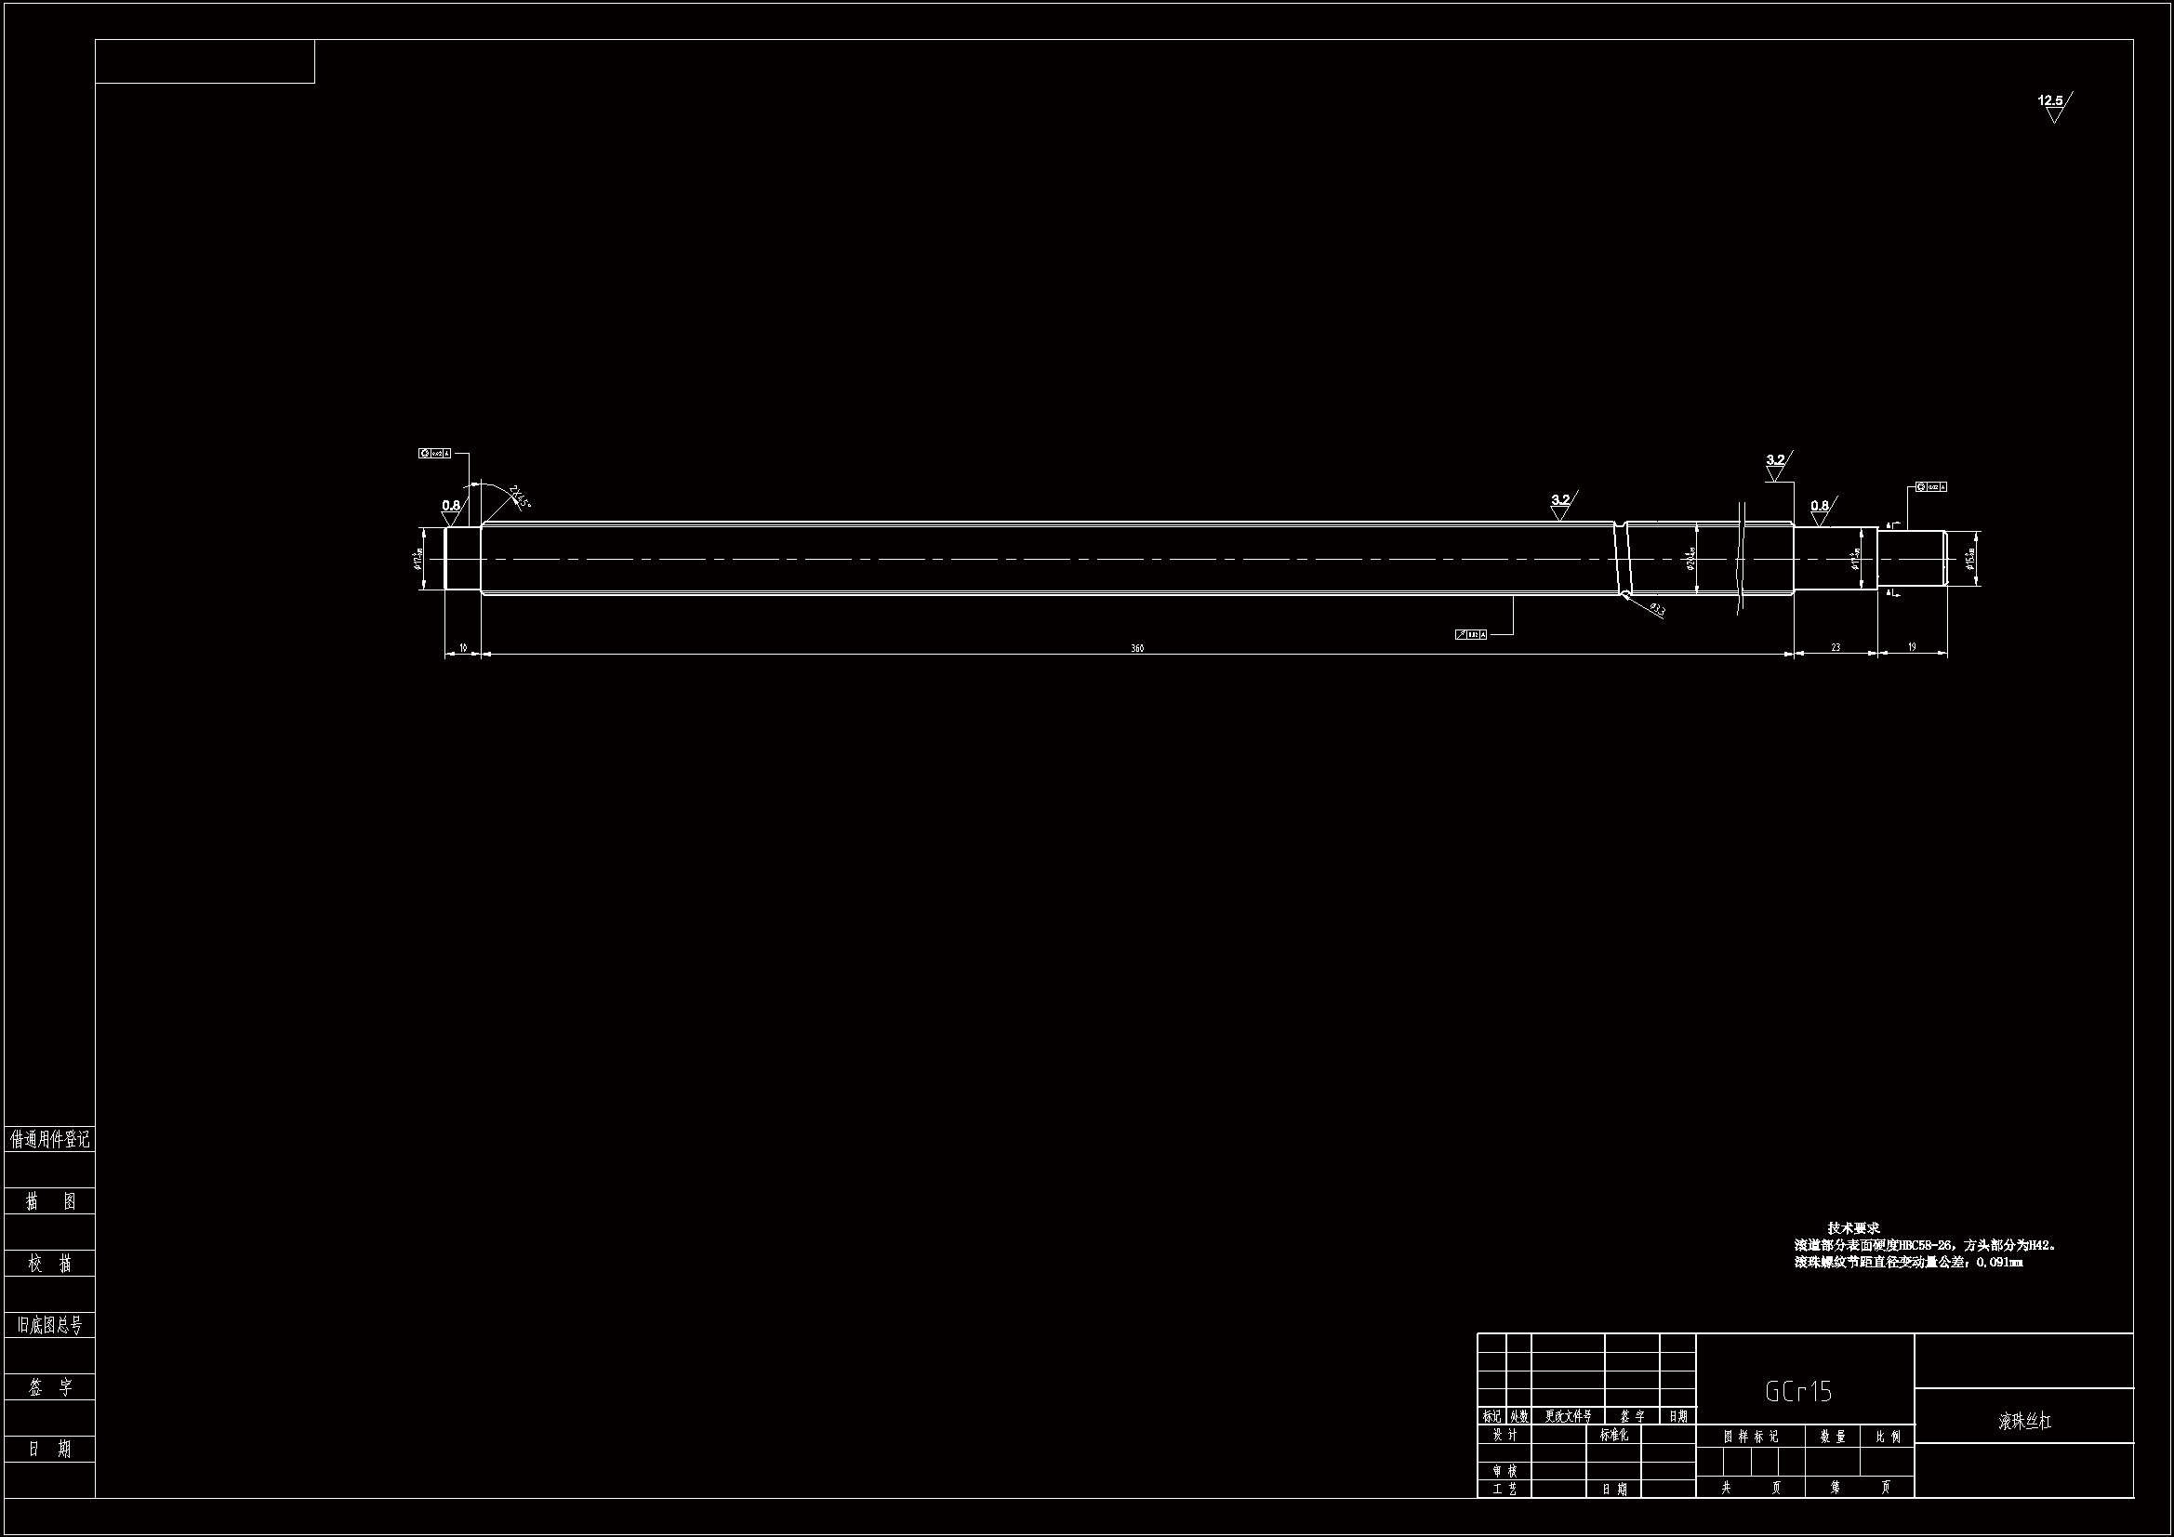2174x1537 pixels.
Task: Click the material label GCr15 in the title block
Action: (x=1798, y=1391)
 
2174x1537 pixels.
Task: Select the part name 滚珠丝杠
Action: (x=2024, y=1422)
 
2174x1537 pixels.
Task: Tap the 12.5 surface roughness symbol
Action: (x=2051, y=101)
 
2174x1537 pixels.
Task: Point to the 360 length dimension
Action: (x=1137, y=649)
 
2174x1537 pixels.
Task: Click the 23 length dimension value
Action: (x=1835, y=648)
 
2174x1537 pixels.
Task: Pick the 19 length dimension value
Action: (x=1912, y=647)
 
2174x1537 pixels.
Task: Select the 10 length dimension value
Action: (x=463, y=648)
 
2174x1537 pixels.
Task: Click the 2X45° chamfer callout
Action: (x=520, y=497)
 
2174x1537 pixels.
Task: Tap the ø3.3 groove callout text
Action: (x=1657, y=610)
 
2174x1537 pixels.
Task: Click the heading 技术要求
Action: (x=1853, y=1228)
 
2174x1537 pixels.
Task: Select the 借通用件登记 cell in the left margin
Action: (x=49, y=1139)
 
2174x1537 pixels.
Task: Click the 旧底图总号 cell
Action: (x=49, y=1325)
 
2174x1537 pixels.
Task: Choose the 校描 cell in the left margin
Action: (x=49, y=1264)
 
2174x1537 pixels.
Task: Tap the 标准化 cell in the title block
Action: (x=1613, y=1435)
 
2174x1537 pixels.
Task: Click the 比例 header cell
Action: (x=1887, y=1437)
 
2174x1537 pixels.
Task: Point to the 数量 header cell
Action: (x=1832, y=1437)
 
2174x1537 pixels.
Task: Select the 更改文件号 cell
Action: (x=1567, y=1417)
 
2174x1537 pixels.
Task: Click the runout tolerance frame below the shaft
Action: (x=1470, y=634)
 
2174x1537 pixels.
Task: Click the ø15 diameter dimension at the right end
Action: (x=1969, y=560)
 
